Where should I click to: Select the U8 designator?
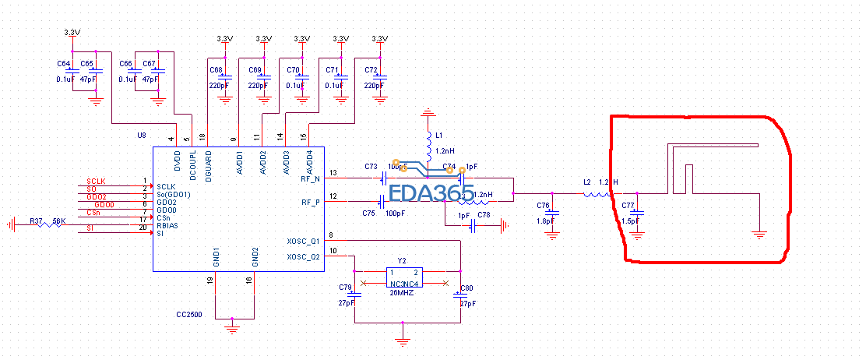click(x=142, y=136)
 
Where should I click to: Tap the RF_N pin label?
click(x=311, y=178)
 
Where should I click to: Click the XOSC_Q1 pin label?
click(x=304, y=242)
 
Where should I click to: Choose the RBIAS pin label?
click(x=167, y=226)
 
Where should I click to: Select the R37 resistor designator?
click(x=37, y=221)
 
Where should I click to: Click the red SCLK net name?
click(x=96, y=181)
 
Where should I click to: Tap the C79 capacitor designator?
click(x=346, y=288)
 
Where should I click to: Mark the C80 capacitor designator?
click(x=466, y=288)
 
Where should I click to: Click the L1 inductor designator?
click(x=439, y=136)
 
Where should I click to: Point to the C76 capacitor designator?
click(x=543, y=205)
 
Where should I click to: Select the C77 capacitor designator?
click(x=628, y=205)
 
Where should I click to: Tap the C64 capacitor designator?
click(x=64, y=63)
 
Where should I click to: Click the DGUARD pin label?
click(x=208, y=166)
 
